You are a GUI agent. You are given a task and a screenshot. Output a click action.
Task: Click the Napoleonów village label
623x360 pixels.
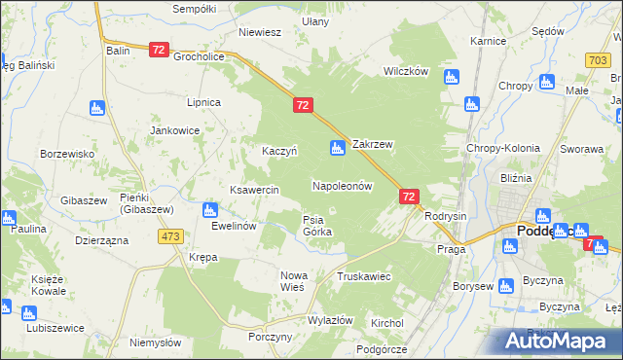[343, 185]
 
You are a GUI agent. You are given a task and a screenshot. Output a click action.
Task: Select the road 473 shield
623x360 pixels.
[171, 236]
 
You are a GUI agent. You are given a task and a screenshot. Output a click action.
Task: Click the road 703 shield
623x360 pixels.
[599, 60]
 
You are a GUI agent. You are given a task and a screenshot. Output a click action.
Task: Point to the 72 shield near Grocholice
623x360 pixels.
[160, 49]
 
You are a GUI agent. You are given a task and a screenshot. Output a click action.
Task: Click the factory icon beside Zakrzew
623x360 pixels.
[338, 148]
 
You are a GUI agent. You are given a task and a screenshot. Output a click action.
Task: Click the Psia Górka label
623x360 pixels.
[317, 225]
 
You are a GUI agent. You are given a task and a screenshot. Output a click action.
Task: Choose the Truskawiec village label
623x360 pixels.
[363, 276]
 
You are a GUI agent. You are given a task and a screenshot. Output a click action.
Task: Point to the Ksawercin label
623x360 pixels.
[254, 189]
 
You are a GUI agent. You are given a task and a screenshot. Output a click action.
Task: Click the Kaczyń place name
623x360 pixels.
[279, 151]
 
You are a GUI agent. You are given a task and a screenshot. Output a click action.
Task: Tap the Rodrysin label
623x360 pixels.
[447, 216]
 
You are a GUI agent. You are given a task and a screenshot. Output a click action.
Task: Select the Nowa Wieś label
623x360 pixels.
[293, 281]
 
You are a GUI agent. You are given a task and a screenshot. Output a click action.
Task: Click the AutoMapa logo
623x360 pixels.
[558, 341]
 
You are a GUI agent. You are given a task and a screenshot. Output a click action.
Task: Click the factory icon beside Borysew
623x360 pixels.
[505, 286]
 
